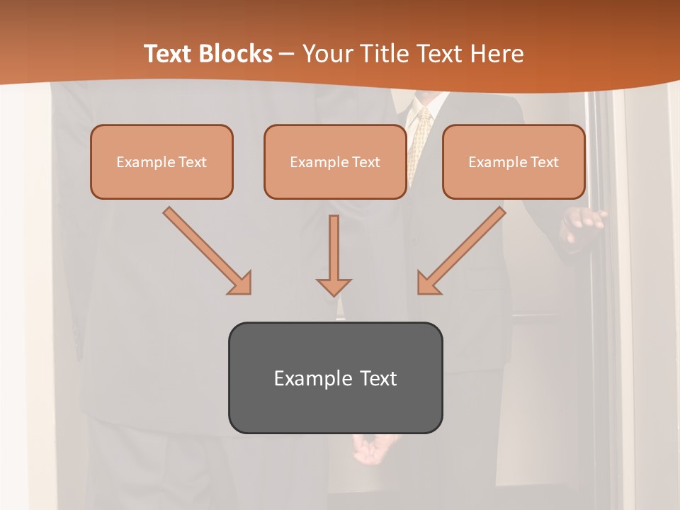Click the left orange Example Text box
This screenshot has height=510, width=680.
(x=161, y=162)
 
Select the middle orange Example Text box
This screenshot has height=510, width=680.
(x=335, y=162)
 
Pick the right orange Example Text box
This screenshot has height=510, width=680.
(x=514, y=162)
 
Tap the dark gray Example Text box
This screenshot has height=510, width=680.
(x=335, y=378)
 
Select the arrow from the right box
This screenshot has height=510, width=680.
(x=464, y=248)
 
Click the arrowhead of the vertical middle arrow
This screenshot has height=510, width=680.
(x=334, y=287)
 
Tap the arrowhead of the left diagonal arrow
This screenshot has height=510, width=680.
(x=240, y=283)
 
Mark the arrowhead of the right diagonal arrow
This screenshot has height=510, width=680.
(x=428, y=283)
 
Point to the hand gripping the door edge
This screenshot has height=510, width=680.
(x=582, y=225)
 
